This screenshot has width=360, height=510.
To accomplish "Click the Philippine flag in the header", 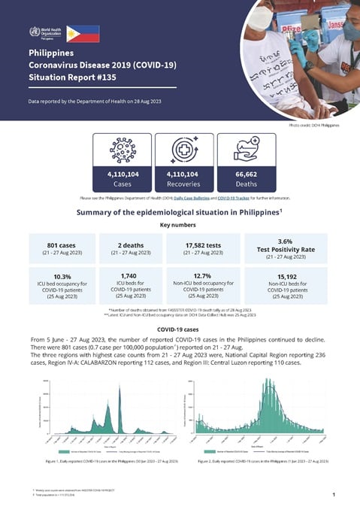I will pos(82,33).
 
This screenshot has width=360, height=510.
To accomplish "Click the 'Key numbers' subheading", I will pos(180,224).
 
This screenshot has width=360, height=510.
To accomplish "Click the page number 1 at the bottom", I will pos(332,494).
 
